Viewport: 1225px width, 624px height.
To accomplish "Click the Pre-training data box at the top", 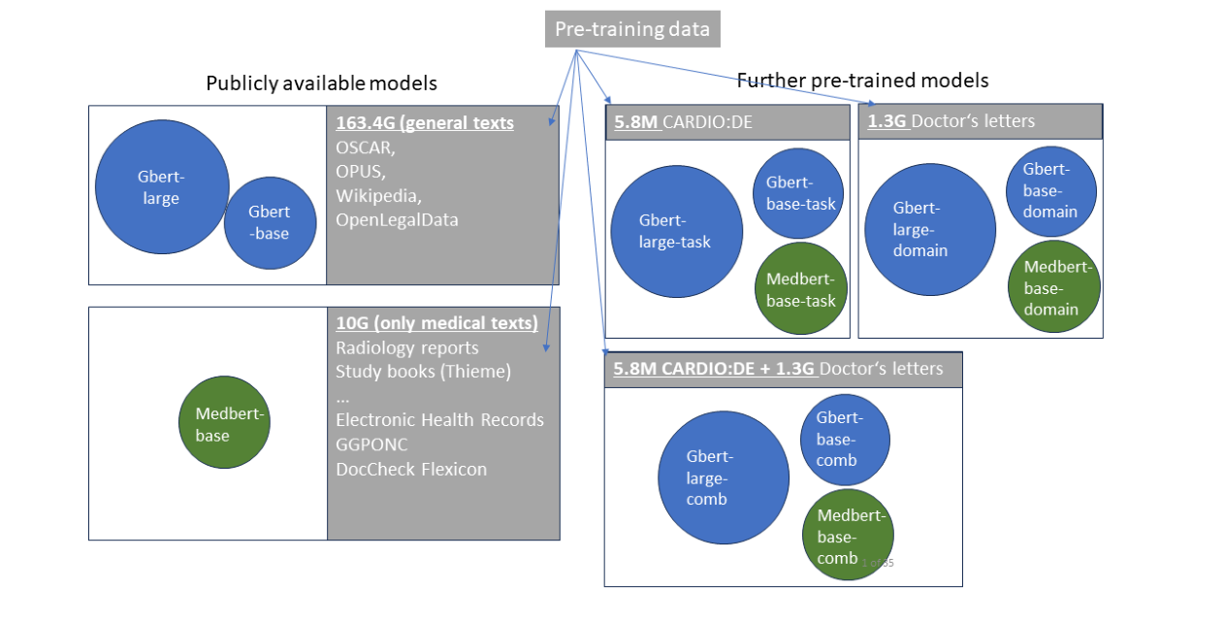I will tap(631, 29).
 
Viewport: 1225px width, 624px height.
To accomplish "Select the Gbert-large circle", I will tap(161, 188).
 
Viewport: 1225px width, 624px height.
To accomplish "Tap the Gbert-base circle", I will tap(271, 222).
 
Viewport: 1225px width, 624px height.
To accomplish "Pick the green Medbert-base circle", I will tap(223, 423).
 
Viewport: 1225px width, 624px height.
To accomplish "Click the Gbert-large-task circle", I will tap(676, 231).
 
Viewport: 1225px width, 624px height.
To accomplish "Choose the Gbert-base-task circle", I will tap(800, 193).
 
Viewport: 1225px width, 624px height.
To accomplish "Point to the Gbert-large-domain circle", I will tap(929, 229).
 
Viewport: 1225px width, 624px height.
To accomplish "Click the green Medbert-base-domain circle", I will tap(1053, 287).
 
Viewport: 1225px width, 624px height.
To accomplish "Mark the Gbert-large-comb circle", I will tap(724, 477).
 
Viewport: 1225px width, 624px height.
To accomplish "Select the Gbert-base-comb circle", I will tap(844, 439).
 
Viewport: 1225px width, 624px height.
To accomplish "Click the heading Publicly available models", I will tap(321, 83).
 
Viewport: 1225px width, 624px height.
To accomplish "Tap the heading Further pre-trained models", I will tap(862, 80).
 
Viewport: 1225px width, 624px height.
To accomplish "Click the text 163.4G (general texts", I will tap(425, 123).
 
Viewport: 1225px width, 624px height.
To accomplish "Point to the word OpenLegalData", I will tap(397, 220).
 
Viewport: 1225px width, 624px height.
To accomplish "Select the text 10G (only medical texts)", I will tap(436, 323).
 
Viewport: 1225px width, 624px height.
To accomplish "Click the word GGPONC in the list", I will tap(371, 444).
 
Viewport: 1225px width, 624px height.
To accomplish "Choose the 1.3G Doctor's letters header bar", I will tap(980, 121).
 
